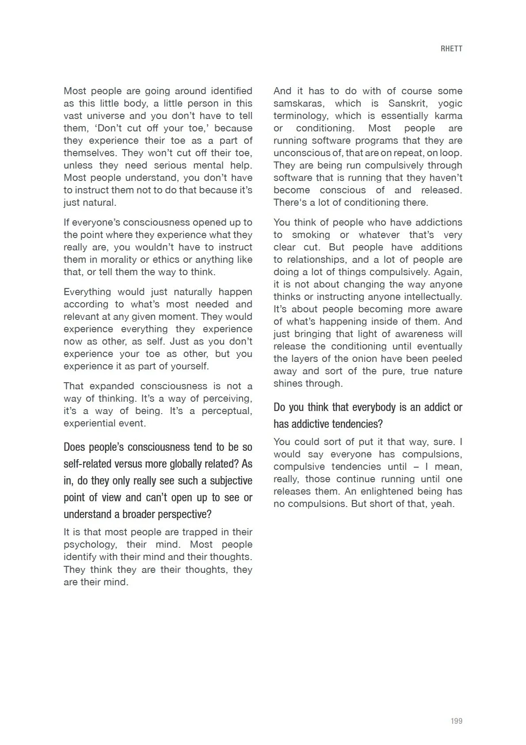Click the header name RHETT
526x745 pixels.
tap(451, 49)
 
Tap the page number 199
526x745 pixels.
tap(456, 721)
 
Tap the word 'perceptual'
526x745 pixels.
tap(227, 411)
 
